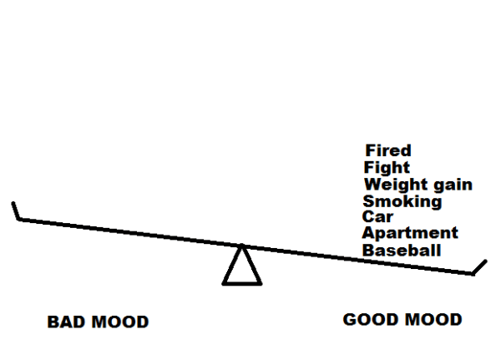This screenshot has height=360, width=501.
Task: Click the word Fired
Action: [x=388, y=151]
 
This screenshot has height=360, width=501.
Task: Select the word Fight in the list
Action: [x=387, y=168]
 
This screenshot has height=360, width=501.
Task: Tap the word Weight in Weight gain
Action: [x=394, y=185]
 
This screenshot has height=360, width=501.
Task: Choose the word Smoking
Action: [x=402, y=201]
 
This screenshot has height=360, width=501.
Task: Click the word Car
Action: [x=377, y=217]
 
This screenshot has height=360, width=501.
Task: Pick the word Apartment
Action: [x=410, y=234]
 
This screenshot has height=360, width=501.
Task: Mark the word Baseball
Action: [x=402, y=251]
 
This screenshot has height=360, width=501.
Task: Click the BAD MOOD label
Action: [x=98, y=322]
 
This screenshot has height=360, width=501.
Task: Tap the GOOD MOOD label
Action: [x=402, y=320]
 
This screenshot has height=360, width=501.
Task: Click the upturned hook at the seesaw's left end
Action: [x=15, y=210]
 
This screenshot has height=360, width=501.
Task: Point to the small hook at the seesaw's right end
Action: [x=478, y=266]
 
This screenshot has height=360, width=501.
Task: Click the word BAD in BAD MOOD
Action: [x=64, y=322]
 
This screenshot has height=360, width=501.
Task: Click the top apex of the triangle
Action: [x=242, y=246]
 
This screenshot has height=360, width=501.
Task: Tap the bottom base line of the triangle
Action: [x=242, y=284]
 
